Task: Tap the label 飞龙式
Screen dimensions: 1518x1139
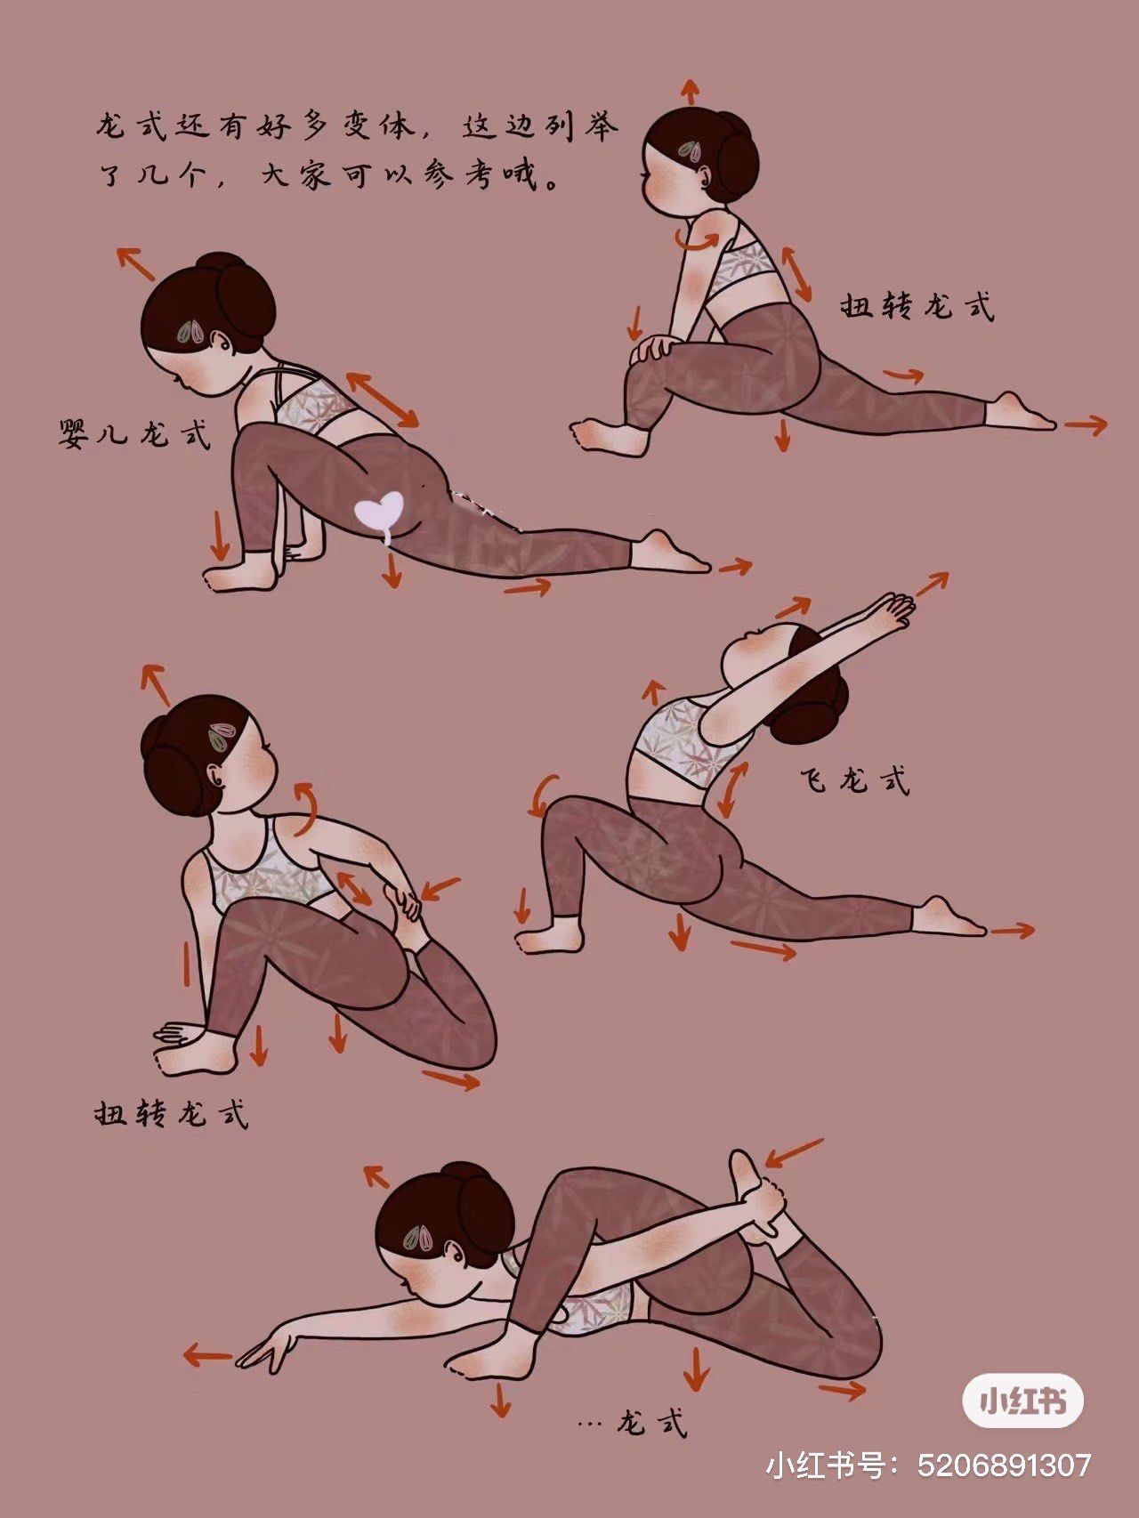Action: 855,780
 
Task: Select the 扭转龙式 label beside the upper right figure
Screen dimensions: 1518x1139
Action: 917,306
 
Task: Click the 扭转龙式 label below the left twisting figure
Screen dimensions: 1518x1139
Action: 171,1113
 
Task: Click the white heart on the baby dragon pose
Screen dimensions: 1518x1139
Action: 379,513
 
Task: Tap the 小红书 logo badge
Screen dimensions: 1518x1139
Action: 1022,1402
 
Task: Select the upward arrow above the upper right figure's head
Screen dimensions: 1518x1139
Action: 690,91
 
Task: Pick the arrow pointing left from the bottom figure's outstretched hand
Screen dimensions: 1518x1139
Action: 206,1357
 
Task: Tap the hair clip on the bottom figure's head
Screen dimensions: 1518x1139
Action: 419,1236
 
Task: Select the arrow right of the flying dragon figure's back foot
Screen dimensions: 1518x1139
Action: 1012,931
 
